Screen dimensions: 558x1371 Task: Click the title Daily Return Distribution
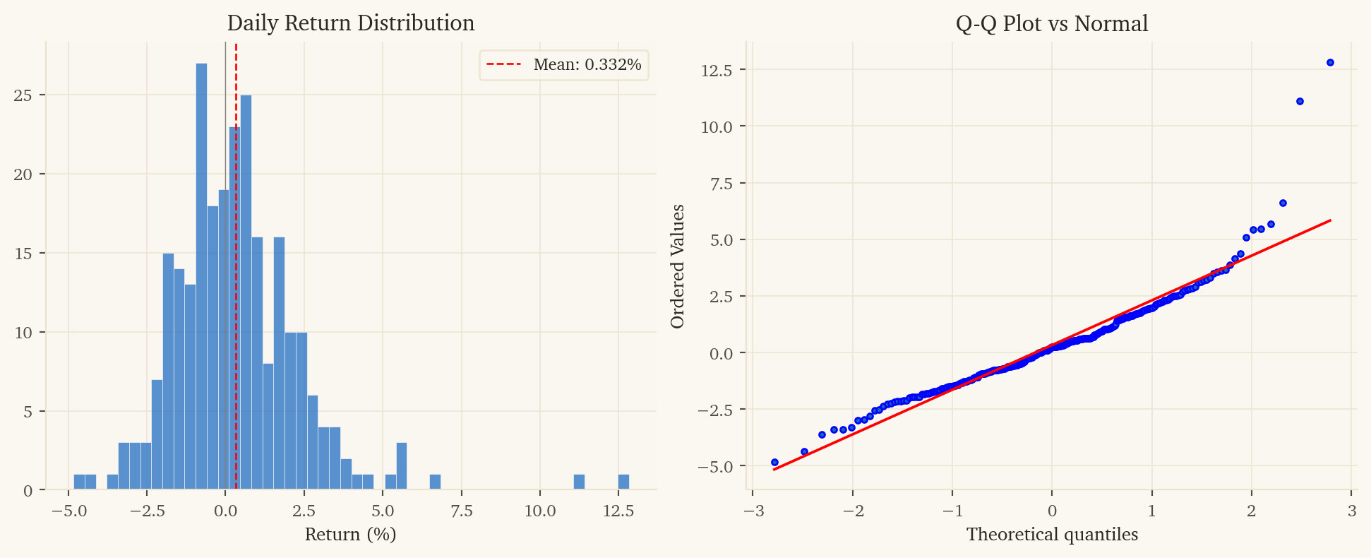[x=350, y=23]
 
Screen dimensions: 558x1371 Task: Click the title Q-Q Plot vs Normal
[x=1051, y=23]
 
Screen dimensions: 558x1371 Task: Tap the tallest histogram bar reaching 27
[x=202, y=275]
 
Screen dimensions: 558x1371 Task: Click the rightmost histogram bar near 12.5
[x=623, y=482]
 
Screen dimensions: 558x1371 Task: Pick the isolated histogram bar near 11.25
[x=579, y=482]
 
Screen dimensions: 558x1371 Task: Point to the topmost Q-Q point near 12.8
[x=1330, y=62]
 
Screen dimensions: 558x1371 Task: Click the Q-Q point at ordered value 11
[x=1300, y=102]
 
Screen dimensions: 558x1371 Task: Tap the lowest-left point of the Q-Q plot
[x=774, y=462]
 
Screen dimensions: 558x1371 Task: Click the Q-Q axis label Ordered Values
[x=678, y=266]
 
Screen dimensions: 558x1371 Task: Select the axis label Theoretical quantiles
[x=1052, y=535]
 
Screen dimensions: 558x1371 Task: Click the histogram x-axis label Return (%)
[x=350, y=535]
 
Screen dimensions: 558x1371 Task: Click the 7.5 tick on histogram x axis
[x=461, y=510]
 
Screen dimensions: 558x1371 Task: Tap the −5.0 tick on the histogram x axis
[x=68, y=510]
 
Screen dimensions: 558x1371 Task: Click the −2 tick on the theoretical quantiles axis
[x=851, y=511]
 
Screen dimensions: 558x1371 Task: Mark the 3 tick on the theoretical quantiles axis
[x=1351, y=511]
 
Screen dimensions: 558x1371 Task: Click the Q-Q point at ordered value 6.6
[x=1283, y=203]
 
